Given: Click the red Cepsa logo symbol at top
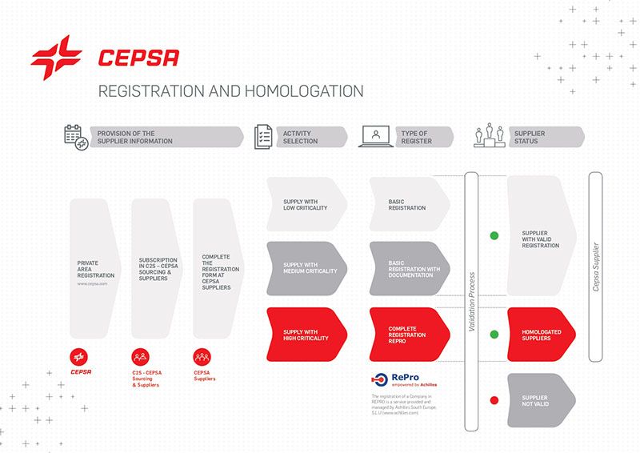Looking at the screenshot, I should click(56, 58).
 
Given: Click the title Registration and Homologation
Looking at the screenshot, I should click(230, 90).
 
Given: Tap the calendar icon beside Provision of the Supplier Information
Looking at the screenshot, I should click(76, 137).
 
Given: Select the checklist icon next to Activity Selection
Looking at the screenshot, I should click(264, 137).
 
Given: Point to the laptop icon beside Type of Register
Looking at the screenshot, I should click(376, 137).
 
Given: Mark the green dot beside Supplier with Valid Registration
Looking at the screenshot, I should click(494, 235).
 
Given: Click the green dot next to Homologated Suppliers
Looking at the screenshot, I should click(494, 335).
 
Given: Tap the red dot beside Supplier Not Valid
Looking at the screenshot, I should click(494, 400).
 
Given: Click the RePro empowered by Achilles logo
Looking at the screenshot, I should click(405, 380).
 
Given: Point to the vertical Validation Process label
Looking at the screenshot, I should click(471, 301).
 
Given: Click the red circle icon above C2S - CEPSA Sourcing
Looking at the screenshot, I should click(141, 358).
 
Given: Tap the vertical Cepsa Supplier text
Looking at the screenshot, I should click(595, 267).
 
